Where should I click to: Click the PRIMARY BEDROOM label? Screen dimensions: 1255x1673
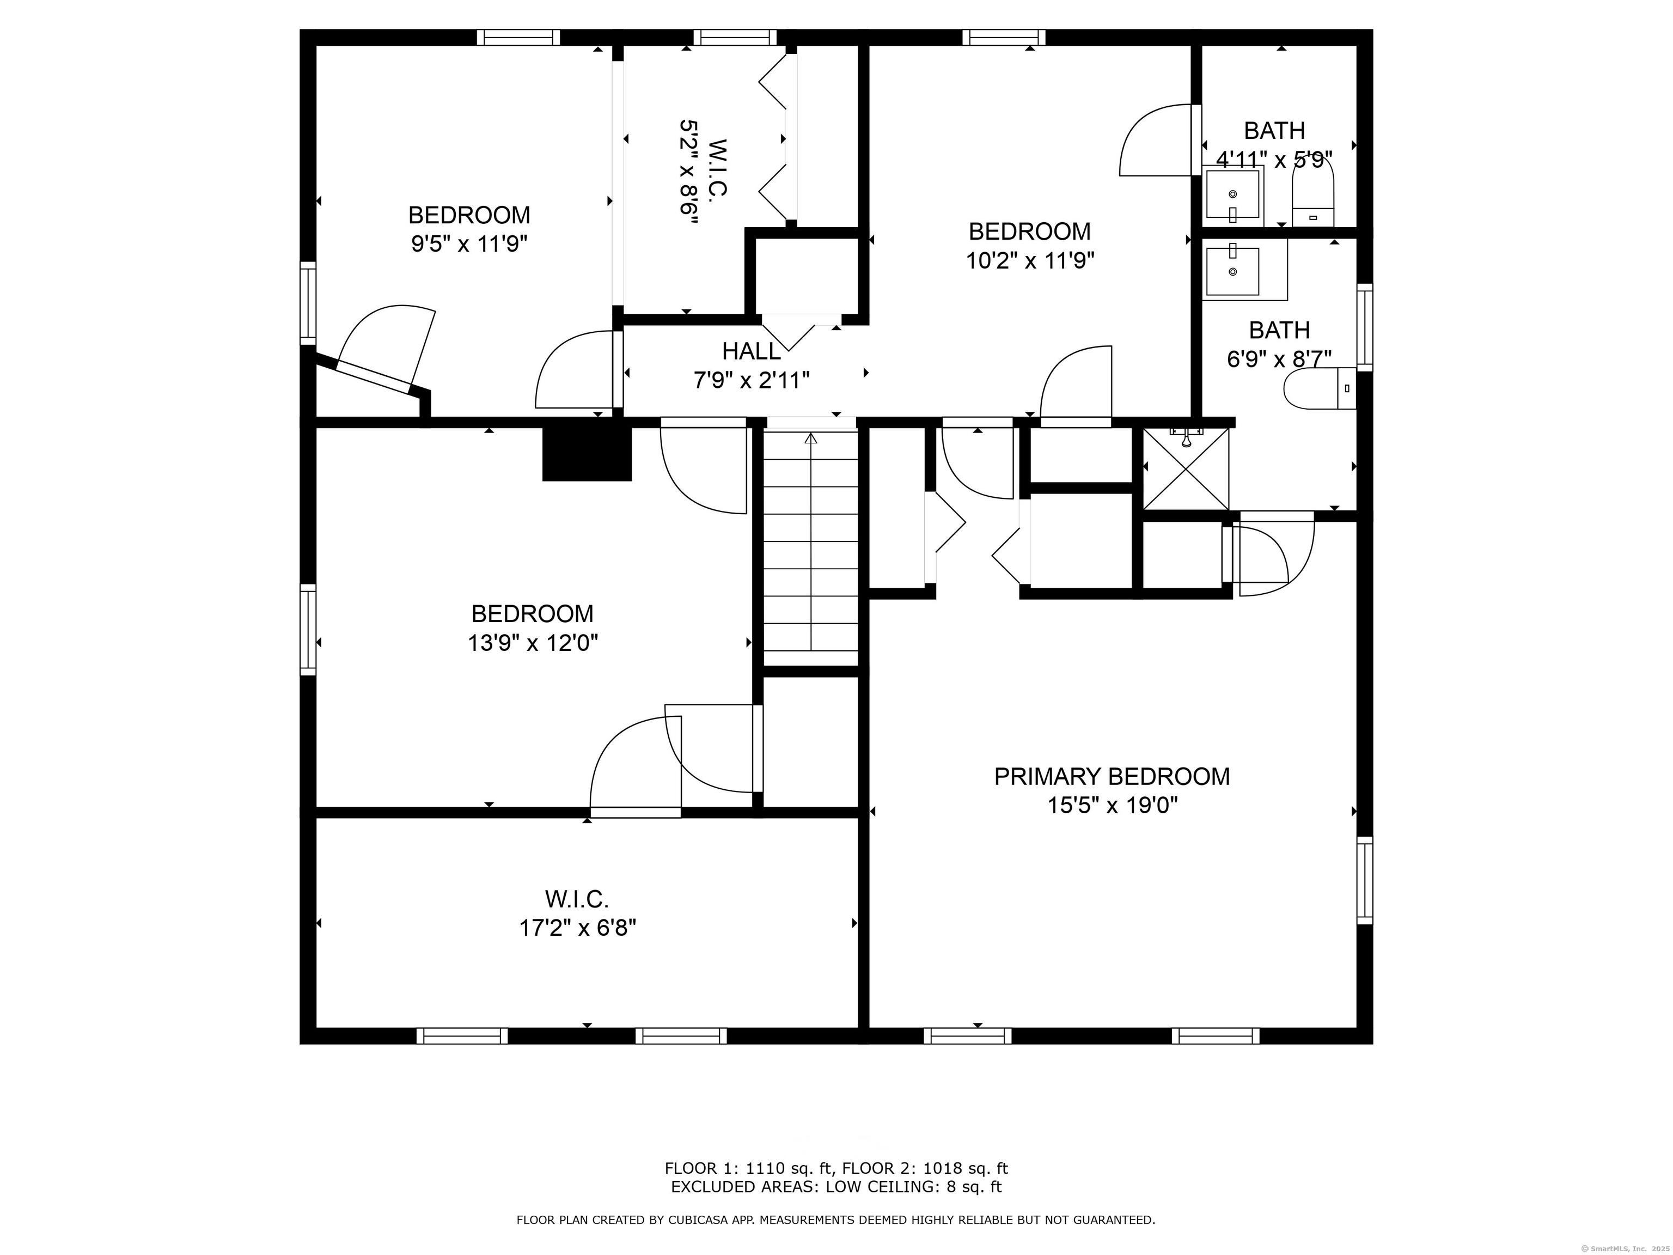[x=1111, y=776]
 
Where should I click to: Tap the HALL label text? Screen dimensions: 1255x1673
[x=750, y=351]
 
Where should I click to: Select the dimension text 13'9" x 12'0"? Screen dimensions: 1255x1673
[x=533, y=643]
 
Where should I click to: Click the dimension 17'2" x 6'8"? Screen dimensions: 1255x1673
[x=577, y=928]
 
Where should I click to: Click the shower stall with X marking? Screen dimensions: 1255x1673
[x=1185, y=469]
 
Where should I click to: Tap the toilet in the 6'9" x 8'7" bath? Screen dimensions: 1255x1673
[x=1319, y=389]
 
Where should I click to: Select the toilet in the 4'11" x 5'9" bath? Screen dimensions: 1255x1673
[x=1313, y=195]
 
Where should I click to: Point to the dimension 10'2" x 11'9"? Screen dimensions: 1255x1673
[x=1029, y=260]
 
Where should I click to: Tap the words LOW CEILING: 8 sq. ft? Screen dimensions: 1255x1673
[x=913, y=1187]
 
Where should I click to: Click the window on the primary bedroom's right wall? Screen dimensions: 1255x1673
[x=1364, y=881]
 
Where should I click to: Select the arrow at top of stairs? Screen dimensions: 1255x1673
[x=811, y=438]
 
